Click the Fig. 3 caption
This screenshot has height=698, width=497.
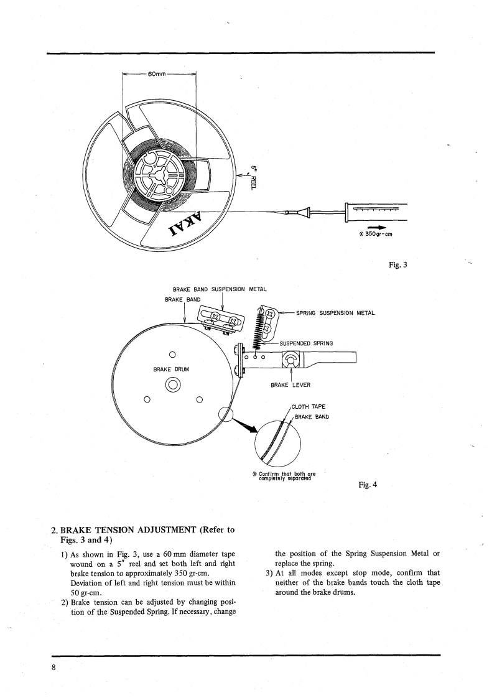pos(397,264)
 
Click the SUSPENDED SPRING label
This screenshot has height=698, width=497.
pos(307,343)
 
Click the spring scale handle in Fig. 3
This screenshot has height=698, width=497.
pos(376,212)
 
